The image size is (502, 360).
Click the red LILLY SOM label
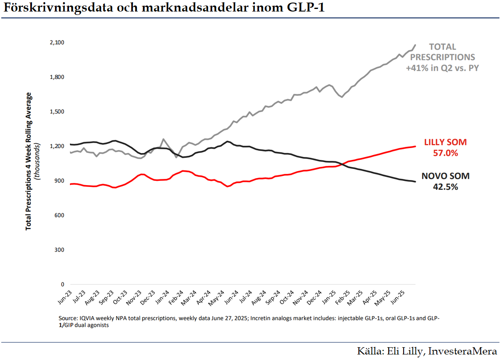[x=446, y=142]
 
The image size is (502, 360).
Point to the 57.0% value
[x=446, y=153]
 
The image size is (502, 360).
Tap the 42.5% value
[x=446, y=186]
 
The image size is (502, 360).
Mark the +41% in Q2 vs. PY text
[x=442, y=67]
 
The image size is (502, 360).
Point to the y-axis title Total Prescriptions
[x=29, y=192]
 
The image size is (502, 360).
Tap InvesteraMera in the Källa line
[x=462, y=351]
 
